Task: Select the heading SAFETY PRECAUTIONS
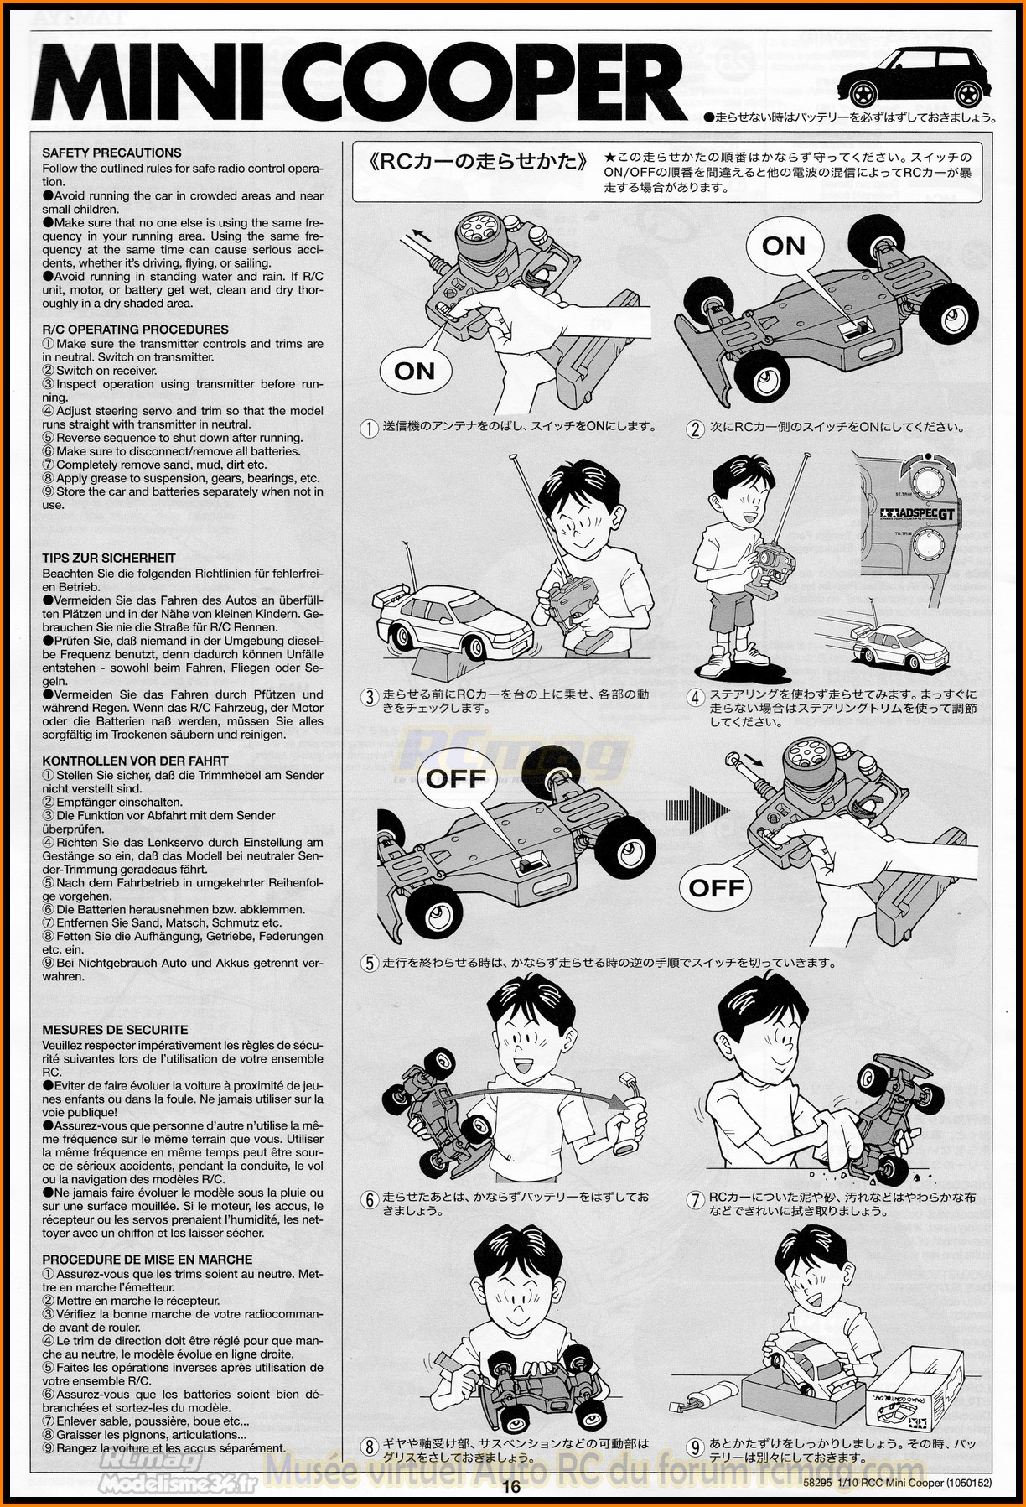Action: coord(111,153)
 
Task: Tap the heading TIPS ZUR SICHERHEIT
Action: coord(109,558)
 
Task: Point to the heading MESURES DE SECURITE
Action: coord(115,1030)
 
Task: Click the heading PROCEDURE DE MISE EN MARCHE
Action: coord(147,1260)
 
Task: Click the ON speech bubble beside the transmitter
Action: coord(414,370)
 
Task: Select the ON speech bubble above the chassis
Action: coord(783,246)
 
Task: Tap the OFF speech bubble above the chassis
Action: coord(455,778)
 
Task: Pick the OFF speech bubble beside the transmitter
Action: coord(716,887)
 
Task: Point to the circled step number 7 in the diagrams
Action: coord(696,1199)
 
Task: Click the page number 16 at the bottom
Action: coord(512,1488)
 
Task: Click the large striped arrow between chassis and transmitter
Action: coord(697,810)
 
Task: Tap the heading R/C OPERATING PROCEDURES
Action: coord(135,330)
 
